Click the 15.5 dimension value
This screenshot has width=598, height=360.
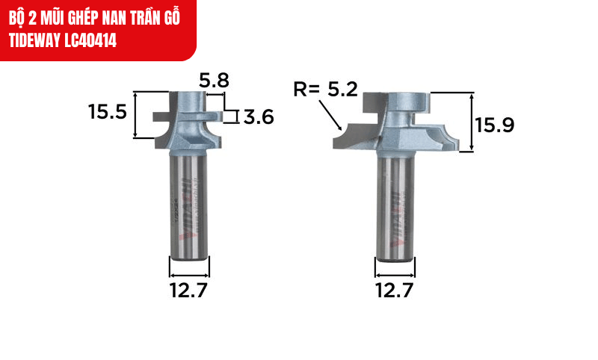[x=108, y=114]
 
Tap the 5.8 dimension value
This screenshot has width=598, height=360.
[x=214, y=80]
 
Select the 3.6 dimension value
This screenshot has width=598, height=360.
[x=258, y=117]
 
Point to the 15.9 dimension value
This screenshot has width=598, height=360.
[x=496, y=125]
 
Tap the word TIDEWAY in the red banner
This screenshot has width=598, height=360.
[x=31, y=40]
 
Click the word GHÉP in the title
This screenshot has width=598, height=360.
[x=81, y=16]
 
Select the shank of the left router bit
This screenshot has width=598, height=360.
[x=189, y=202]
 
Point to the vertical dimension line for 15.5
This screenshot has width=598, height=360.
[x=135, y=115]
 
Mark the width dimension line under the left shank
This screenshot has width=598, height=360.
[x=189, y=267]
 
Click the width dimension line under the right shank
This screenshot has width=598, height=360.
[x=393, y=267]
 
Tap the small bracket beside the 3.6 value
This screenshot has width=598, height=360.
[x=235, y=116]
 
